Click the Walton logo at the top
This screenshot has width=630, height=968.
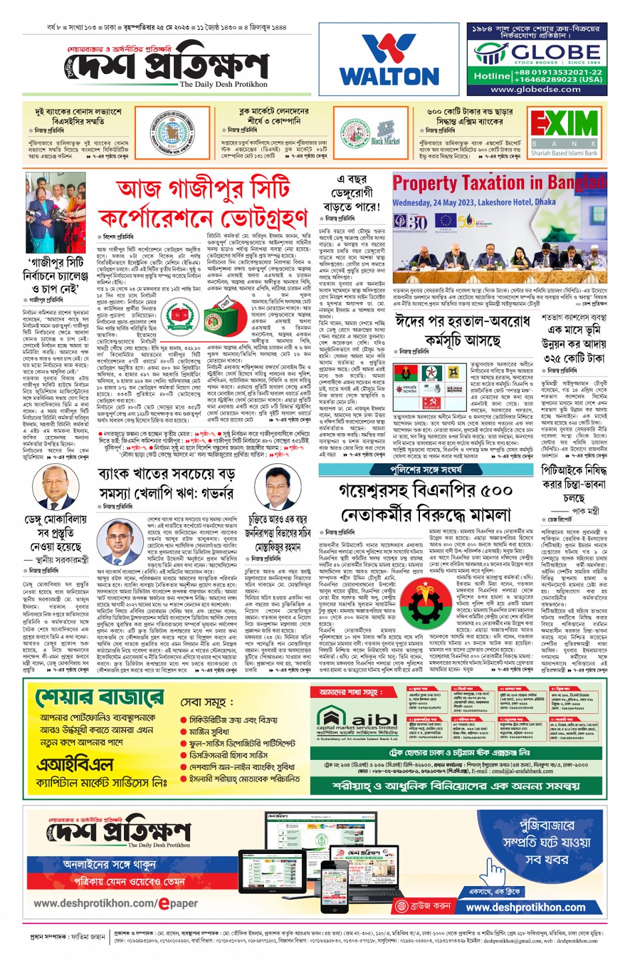tap(389, 59)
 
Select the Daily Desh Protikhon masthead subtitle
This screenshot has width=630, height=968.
tap(223, 85)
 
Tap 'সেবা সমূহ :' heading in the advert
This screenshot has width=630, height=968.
tap(207, 703)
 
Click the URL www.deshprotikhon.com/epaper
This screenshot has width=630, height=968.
tap(116, 903)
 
